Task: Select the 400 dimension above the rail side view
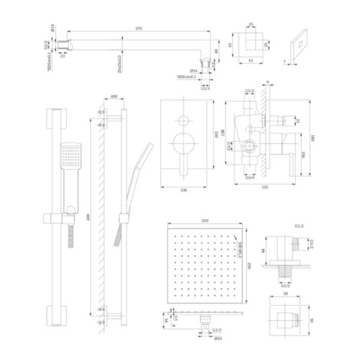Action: click(x=113, y=97)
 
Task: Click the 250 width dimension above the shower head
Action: click(x=202, y=219)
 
